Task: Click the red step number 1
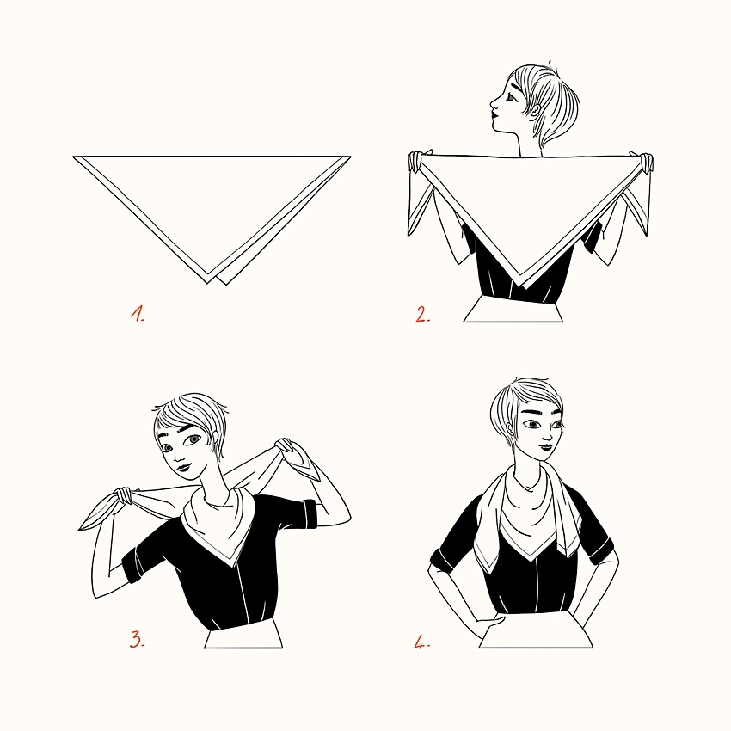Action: point(137,314)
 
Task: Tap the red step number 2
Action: point(422,315)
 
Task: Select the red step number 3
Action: point(137,639)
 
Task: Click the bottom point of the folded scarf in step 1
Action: point(208,283)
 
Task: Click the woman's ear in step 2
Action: point(535,110)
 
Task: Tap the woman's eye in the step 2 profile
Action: point(512,98)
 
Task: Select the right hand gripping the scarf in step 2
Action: point(643,163)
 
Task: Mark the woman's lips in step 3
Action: point(182,467)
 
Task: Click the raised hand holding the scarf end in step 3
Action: point(285,448)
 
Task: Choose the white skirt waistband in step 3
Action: point(243,634)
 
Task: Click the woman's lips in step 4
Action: point(546,447)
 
